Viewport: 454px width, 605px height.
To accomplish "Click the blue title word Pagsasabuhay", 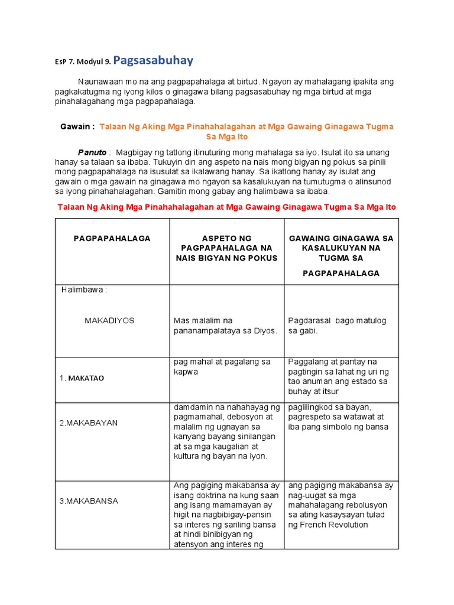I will (x=153, y=60).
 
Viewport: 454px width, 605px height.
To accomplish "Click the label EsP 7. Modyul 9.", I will (x=79, y=62).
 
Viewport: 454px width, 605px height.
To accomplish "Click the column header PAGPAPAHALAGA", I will (x=112, y=238).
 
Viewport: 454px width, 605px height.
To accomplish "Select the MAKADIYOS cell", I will (x=109, y=320).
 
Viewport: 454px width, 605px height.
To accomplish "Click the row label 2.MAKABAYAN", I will (x=88, y=423).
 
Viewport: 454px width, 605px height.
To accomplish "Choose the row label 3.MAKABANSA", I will (x=88, y=501).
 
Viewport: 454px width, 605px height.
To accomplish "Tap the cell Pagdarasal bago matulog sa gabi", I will (x=337, y=326).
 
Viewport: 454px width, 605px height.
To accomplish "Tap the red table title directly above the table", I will (x=226, y=207).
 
